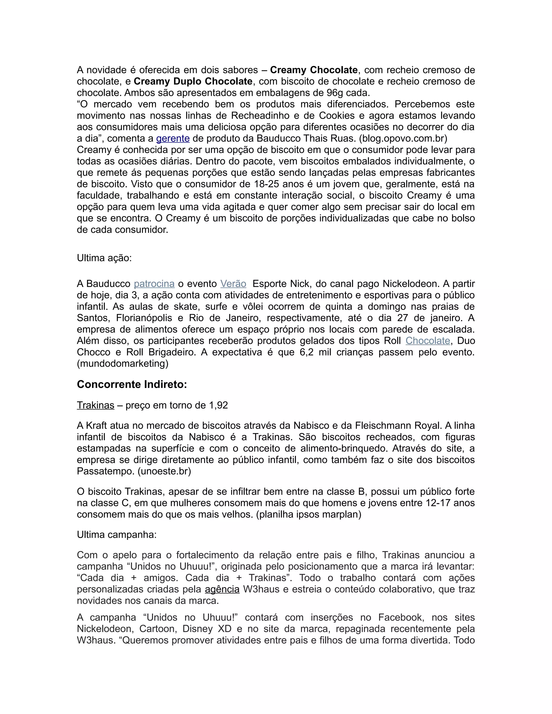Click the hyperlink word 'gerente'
(x=173, y=138)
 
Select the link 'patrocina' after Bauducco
(x=154, y=284)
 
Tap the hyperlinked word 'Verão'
(x=233, y=284)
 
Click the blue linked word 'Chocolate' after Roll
(x=428, y=341)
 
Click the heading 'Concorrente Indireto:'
(x=132, y=384)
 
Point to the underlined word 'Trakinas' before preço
(x=95, y=405)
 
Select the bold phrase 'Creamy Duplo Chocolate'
(x=193, y=81)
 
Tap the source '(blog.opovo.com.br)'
(x=403, y=138)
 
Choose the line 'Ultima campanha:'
(x=117, y=535)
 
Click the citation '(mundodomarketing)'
(x=123, y=363)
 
